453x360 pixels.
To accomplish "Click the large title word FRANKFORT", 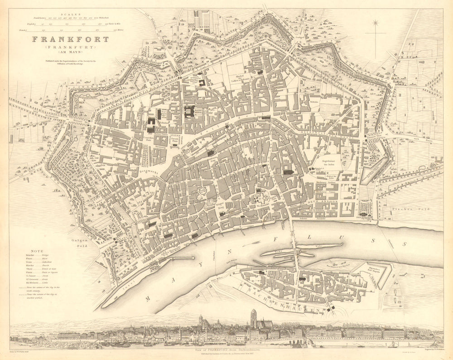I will click(x=70, y=39).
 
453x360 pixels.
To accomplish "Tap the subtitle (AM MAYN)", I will click(x=71, y=53).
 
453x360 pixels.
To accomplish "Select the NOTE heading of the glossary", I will click(x=37, y=251).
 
